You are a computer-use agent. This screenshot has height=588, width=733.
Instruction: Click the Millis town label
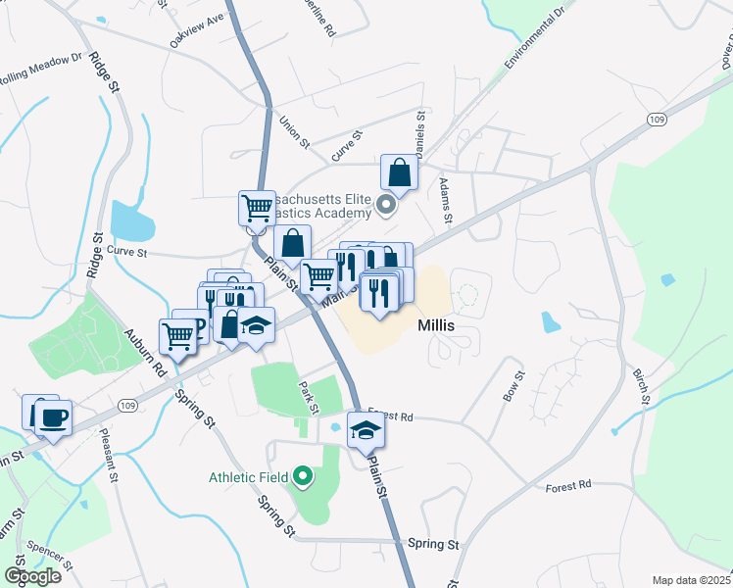tap(441, 324)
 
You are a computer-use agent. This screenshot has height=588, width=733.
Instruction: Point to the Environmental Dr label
tap(536, 39)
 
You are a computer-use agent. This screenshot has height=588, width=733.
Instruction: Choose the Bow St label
tap(515, 385)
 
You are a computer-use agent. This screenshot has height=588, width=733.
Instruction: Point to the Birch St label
tap(642, 385)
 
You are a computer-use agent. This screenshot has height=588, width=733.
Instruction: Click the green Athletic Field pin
tap(303, 477)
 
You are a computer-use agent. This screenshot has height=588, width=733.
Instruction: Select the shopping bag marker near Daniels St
tap(400, 172)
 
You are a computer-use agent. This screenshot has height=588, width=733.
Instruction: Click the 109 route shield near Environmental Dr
tap(658, 118)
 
